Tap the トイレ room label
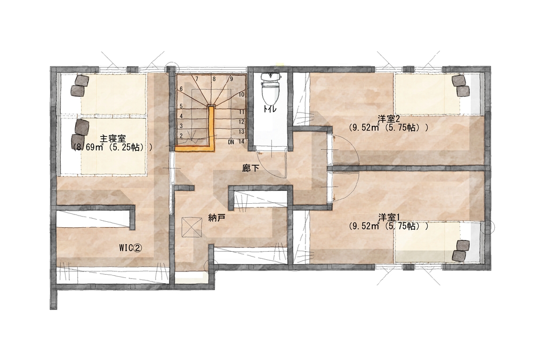[270, 109]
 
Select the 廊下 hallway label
[251, 169]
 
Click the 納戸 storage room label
[216, 218]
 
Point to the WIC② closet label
[130, 248]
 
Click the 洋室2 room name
[389, 119]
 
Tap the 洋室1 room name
[389, 218]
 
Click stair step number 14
[242, 142]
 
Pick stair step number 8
[214, 79]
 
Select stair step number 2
[181, 136]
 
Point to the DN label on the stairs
[231, 142]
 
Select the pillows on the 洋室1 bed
[461, 250]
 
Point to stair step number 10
[242, 94]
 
